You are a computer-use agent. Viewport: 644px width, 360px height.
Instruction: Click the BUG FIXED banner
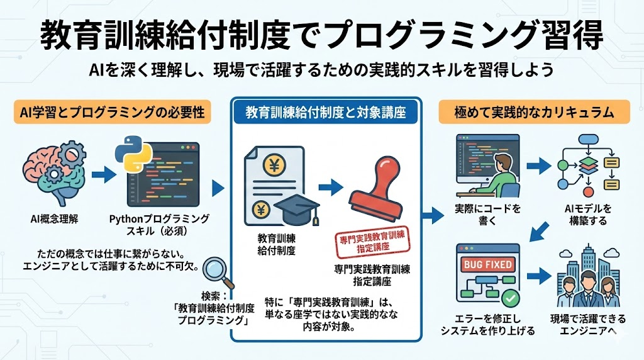[x=487, y=264]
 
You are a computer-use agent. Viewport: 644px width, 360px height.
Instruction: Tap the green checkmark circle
[x=510, y=295]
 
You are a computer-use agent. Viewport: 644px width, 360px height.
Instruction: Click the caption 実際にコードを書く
[x=483, y=215]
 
